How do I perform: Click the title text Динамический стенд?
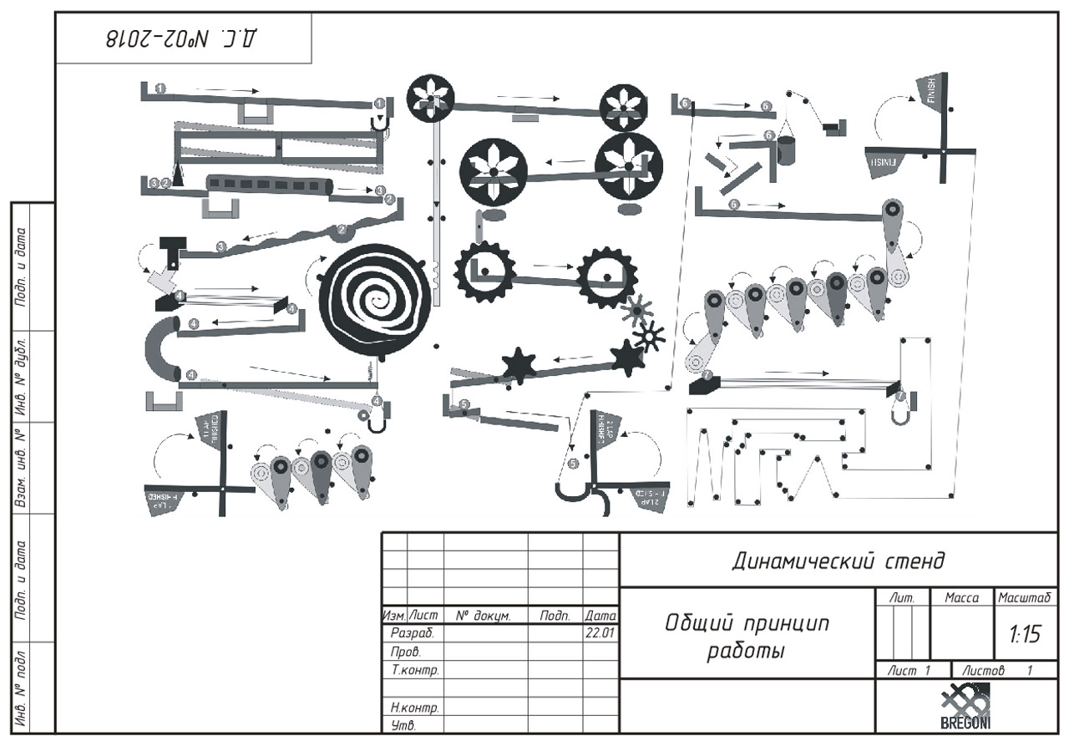[838, 560]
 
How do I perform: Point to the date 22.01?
[600, 633]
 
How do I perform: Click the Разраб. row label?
[408, 633]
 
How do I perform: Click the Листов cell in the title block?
[994, 670]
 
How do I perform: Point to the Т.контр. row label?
[415, 670]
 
